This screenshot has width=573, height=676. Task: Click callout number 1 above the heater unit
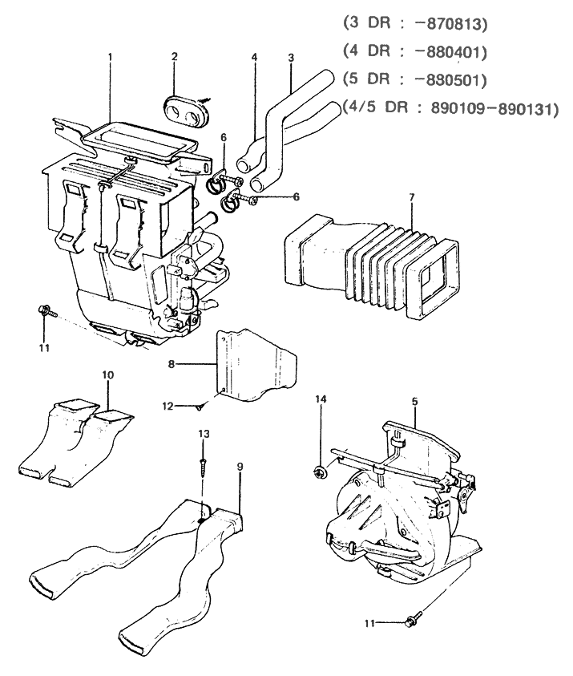click(x=110, y=58)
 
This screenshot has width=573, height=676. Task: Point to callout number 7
click(x=412, y=196)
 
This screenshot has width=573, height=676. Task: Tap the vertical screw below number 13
click(x=204, y=463)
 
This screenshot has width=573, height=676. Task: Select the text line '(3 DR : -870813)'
click(x=414, y=23)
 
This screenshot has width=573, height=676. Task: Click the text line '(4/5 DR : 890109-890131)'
click(x=449, y=107)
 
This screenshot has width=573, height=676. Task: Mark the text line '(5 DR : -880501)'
click(x=414, y=80)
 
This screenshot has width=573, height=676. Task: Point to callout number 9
click(x=240, y=467)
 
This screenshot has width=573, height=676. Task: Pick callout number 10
click(x=109, y=374)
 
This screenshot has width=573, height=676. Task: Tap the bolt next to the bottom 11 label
click(x=414, y=619)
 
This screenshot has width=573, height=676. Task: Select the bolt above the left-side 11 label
click(x=44, y=311)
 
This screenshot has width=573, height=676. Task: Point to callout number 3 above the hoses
click(x=291, y=58)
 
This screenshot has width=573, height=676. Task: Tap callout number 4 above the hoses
click(x=254, y=58)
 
